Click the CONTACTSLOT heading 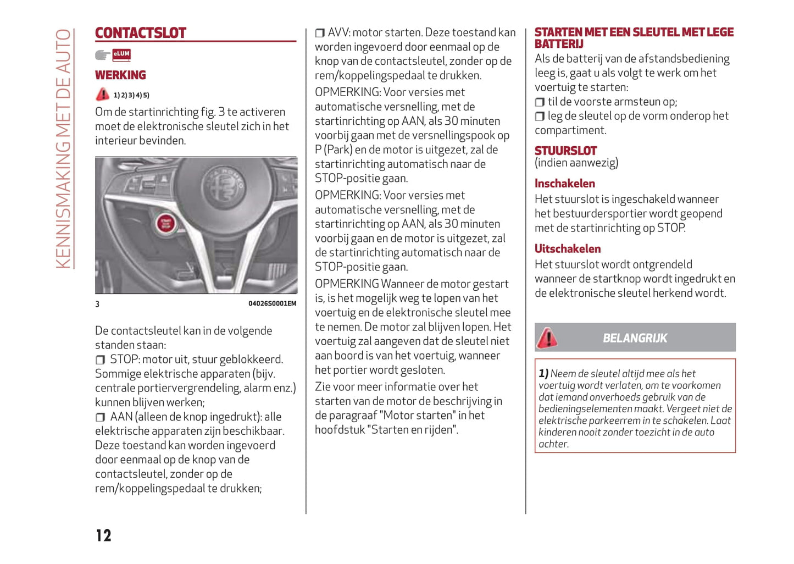click(141, 33)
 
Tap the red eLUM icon click(121, 54)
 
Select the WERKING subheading click(120, 75)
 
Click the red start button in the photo click(165, 223)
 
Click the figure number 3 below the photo click(97, 304)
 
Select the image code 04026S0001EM click(272, 303)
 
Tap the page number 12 click(103, 535)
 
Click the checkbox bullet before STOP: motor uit click(100, 360)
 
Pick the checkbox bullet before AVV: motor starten click(320, 34)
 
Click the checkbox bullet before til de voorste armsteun click(540, 102)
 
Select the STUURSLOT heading click(565, 151)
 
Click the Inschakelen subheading click(564, 184)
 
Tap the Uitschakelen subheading click(568, 249)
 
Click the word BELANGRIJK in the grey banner click(635, 338)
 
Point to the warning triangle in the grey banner click(547, 338)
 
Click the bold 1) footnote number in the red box click(543, 373)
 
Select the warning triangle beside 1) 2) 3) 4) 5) click(102, 95)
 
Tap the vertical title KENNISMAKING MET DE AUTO click(64, 148)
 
